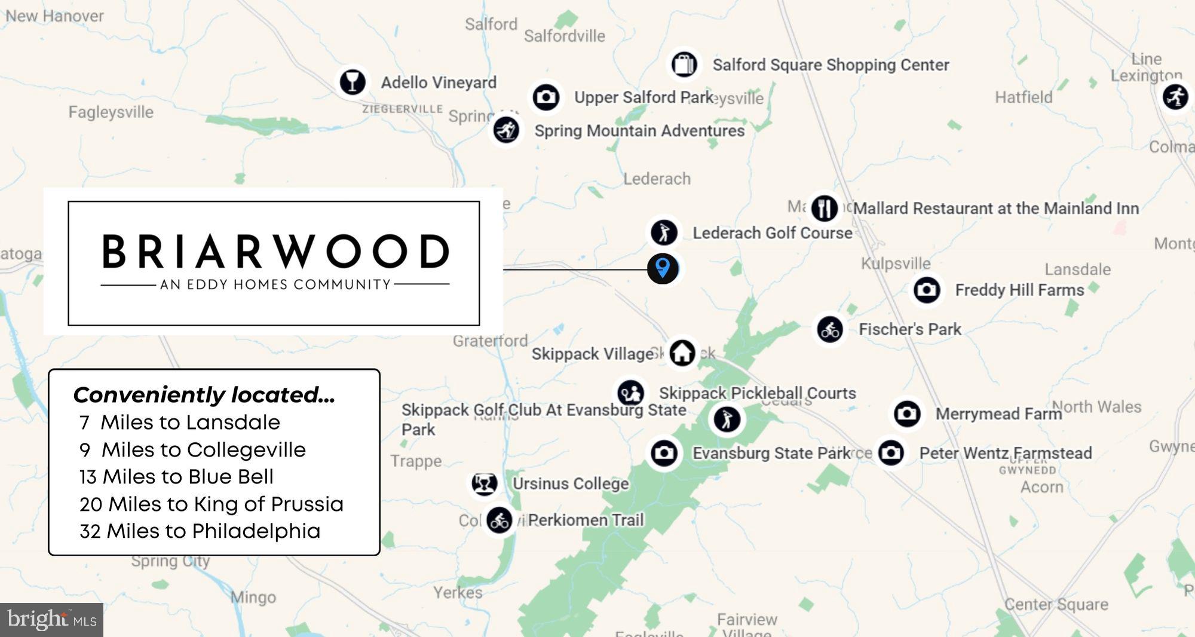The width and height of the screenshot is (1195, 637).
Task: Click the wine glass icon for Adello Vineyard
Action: click(353, 81)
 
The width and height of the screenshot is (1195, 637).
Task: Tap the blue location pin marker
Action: click(662, 268)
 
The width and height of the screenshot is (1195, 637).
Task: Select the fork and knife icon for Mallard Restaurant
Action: click(825, 208)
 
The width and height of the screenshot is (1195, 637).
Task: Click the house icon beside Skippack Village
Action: click(682, 353)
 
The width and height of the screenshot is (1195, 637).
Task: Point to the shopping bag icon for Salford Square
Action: click(684, 64)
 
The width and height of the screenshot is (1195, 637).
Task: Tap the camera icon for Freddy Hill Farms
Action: click(927, 290)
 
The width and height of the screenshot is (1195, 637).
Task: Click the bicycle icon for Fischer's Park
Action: click(830, 329)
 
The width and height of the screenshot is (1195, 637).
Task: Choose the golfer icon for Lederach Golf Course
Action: click(664, 232)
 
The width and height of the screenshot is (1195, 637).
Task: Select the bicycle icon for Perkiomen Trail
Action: click(499, 520)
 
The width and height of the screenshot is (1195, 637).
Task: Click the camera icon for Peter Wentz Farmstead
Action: click(891, 452)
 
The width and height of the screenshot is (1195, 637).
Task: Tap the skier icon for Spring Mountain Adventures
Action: click(506, 130)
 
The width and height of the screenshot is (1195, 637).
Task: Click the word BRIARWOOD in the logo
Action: click(275, 251)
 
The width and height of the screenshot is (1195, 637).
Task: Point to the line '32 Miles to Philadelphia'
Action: click(200, 531)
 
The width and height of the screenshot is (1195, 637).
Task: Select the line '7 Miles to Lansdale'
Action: click(180, 422)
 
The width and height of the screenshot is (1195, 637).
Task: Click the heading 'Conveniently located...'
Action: click(204, 395)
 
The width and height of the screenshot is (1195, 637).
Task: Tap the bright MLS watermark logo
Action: click(51, 620)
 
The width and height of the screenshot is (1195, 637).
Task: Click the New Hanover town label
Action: click(54, 16)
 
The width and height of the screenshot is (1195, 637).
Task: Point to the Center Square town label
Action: click(1056, 604)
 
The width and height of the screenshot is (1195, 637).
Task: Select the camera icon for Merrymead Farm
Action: click(907, 414)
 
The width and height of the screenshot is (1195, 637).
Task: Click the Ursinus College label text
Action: click(571, 483)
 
